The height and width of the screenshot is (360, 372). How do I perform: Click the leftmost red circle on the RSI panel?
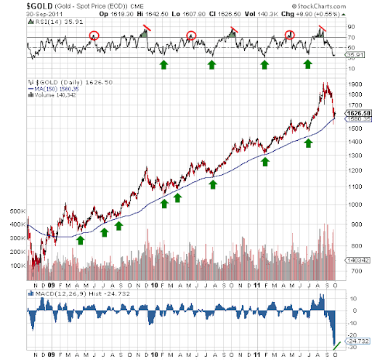94,36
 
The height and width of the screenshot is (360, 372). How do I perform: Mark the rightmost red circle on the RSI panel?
289,35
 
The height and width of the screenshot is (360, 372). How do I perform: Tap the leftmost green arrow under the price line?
80,239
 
